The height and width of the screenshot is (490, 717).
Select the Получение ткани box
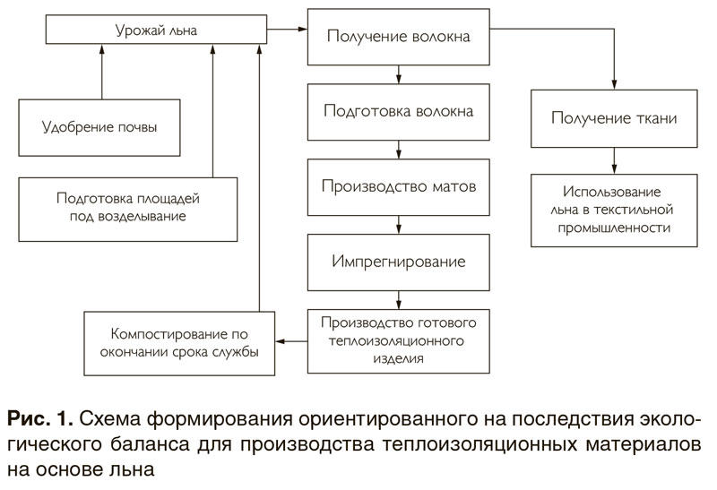[x=614, y=117]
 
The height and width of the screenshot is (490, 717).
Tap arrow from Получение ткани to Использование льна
[x=614, y=163]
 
